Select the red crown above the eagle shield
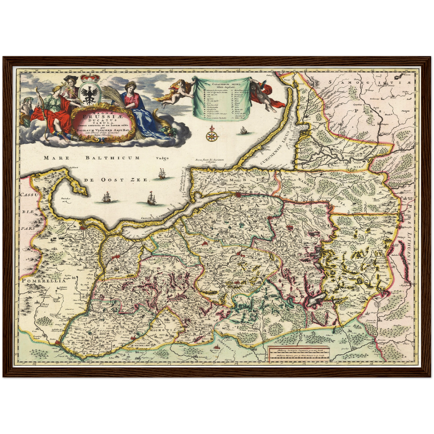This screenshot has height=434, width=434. tap(90, 77)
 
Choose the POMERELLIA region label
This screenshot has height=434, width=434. tap(43, 281)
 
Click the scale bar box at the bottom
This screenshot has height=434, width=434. tap(299, 353)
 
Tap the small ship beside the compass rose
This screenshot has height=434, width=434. tap(243, 131)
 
